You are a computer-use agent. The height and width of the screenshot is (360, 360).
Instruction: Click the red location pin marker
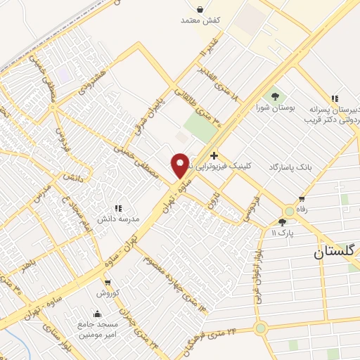(180, 165)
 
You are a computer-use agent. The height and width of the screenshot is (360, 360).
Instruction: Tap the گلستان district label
(336, 251)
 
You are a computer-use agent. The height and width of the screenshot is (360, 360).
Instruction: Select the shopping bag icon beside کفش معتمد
(201, 10)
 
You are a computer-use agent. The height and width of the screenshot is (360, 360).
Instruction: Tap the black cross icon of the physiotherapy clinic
(214, 155)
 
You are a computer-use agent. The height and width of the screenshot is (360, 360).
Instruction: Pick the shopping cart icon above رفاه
(302, 198)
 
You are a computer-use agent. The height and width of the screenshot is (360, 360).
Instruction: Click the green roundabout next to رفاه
(288, 211)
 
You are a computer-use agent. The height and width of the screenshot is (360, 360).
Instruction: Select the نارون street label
(214, 202)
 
